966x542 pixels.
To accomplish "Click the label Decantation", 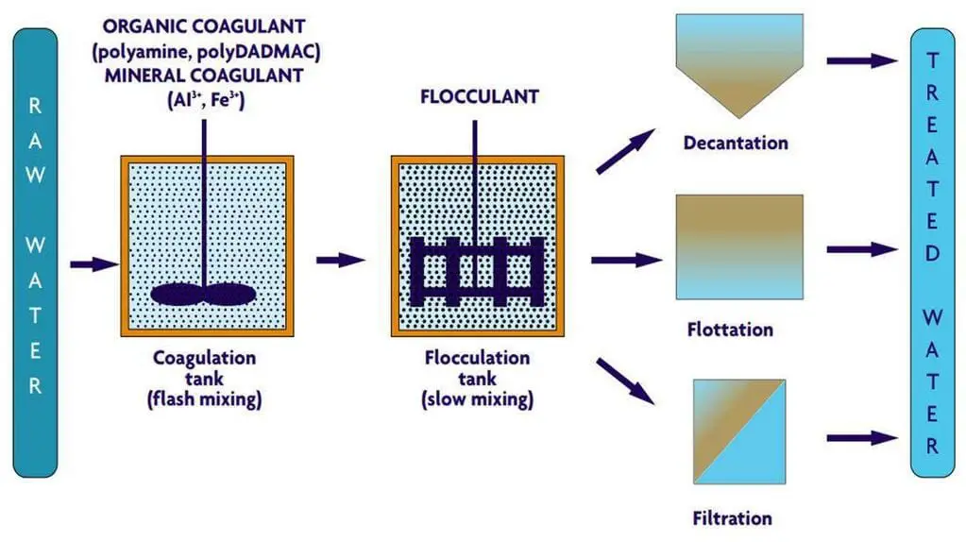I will (x=736, y=144).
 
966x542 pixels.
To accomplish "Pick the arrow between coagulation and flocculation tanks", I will (x=341, y=260).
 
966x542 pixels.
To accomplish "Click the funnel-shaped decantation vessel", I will (x=737, y=66).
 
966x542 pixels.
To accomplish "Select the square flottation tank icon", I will (x=739, y=246).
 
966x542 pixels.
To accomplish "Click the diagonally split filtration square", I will (x=739, y=430).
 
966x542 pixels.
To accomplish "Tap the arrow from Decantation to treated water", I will (x=861, y=60).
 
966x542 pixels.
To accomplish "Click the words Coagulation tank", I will (x=204, y=368).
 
